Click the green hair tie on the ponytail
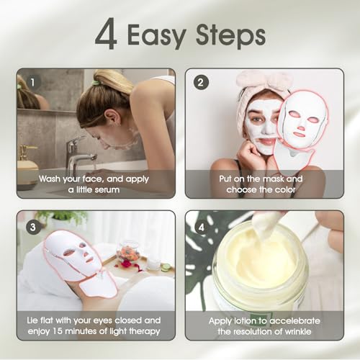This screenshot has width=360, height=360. pyautogui.click(x=95, y=83)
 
